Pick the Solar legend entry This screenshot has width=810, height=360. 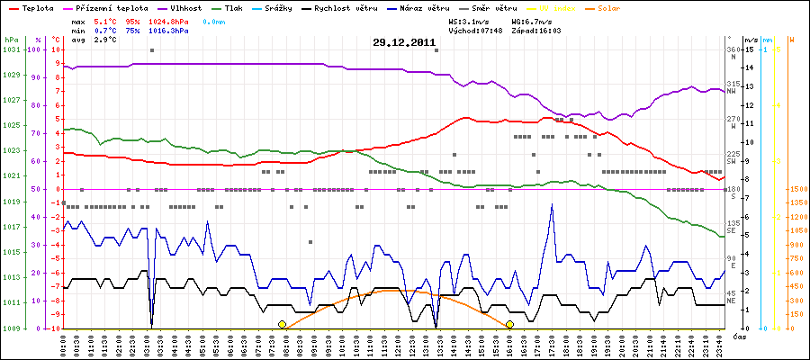click(621, 7)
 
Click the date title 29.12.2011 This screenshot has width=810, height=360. click(404, 42)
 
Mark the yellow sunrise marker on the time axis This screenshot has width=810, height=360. click(282, 324)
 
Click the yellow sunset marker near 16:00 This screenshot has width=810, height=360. click(509, 324)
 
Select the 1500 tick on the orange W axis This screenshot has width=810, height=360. click(796, 189)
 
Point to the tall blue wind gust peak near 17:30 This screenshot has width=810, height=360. click(551, 204)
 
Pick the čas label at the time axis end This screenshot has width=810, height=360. click(738, 336)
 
